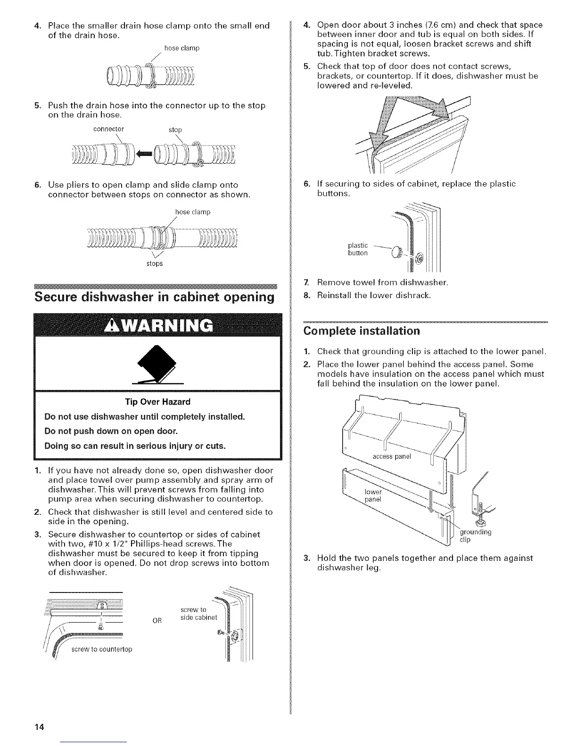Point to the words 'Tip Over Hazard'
(x=157, y=402)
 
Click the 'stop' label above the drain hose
(x=175, y=130)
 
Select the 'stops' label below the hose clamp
(x=154, y=264)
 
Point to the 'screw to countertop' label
(x=102, y=649)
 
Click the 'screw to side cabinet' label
(x=198, y=614)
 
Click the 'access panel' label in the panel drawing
(x=392, y=456)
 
